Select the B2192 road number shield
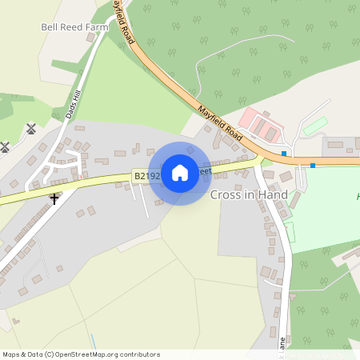click(x=146, y=176)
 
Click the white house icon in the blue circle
click(x=180, y=173)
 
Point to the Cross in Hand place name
click(x=249, y=194)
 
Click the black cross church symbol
click(x=54, y=198)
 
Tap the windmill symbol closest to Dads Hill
click(x=32, y=128)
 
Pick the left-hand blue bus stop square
click(x=284, y=153)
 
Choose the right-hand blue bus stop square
click(x=313, y=166)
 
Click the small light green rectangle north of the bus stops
click(x=315, y=126)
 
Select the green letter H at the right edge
click(x=358, y=196)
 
